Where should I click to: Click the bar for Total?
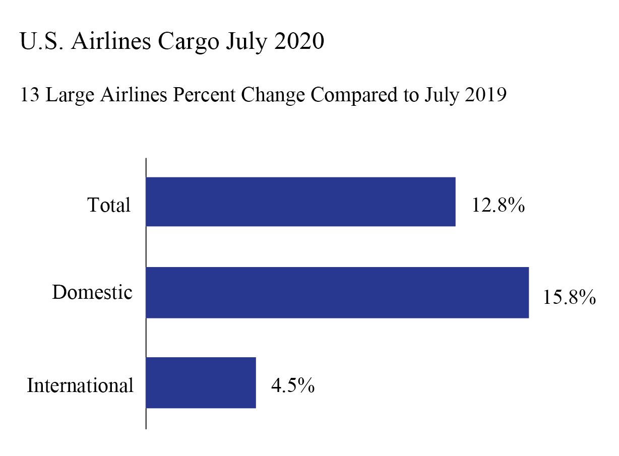tap(300, 202)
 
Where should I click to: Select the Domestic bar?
tap(337, 293)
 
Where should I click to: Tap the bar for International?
tap(201, 383)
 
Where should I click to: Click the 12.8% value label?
tap(499, 206)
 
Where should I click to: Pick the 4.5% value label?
tap(293, 386)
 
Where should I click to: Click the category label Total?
tap(109, 206)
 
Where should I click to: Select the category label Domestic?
tap(92, 293)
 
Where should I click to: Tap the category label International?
tap(80, 386)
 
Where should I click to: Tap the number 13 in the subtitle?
tap(30, 95)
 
